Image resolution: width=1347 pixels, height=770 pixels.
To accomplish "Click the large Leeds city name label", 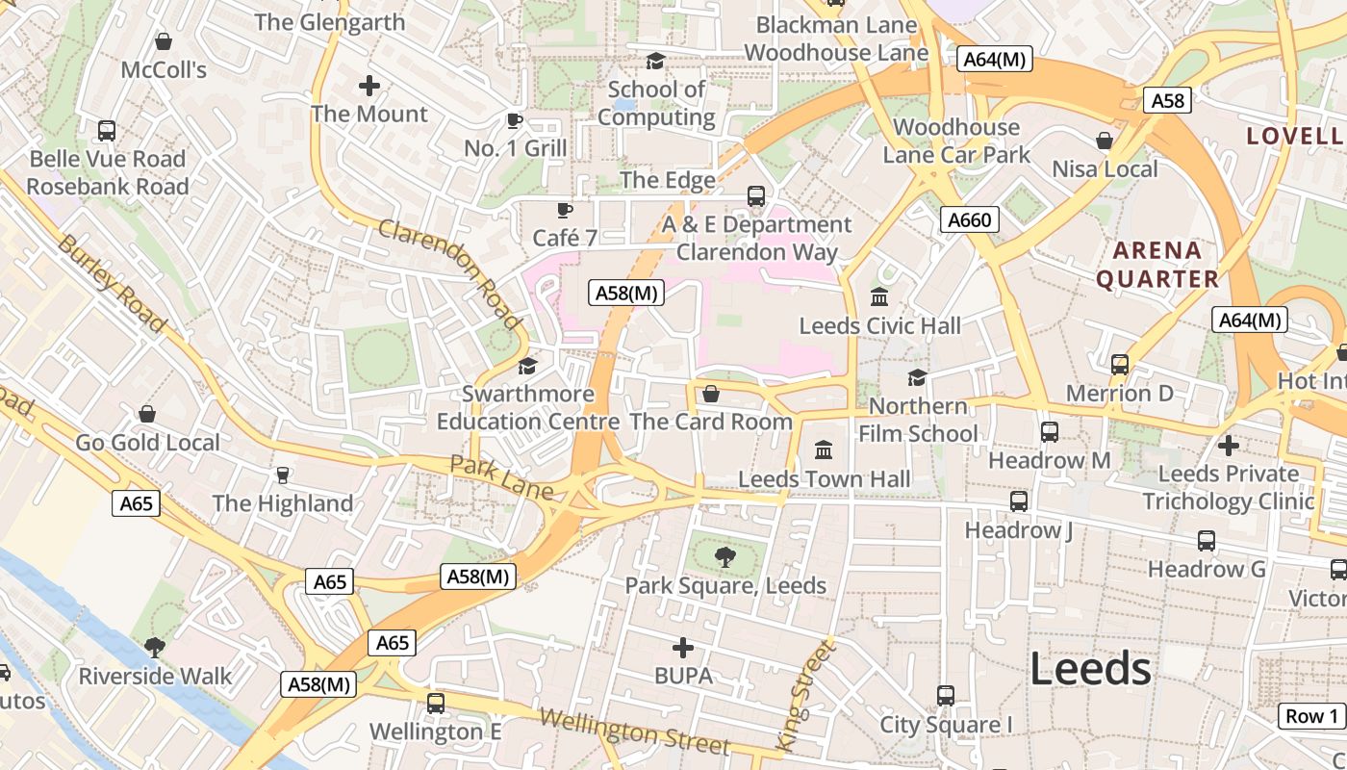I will point(1090,669).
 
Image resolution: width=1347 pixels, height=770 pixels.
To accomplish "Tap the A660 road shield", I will point(969,220).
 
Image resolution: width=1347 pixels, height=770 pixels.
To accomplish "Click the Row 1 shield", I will point(1312,716).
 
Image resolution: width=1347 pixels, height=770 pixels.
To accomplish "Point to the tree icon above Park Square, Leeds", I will point(724,556).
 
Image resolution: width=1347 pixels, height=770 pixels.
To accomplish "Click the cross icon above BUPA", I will point(683,648).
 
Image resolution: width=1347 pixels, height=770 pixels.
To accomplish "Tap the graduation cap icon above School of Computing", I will point(655,62).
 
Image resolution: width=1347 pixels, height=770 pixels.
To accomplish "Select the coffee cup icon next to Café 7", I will point(565,210).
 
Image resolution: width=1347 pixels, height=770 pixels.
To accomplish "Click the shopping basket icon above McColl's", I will point(164,42).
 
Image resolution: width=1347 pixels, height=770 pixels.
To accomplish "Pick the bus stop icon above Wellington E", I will point(436,704).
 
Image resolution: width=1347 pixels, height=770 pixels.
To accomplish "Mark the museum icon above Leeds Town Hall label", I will point(824,449).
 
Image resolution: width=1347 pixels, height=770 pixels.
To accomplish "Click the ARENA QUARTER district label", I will point(1157,265).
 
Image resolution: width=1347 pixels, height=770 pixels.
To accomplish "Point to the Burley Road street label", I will point(112,282).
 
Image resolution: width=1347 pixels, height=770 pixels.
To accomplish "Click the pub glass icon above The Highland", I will point(283,475).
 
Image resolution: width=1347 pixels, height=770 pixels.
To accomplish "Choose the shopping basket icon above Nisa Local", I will point(1105,141).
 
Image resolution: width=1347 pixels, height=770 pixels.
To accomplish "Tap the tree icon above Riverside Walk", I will point(154,647).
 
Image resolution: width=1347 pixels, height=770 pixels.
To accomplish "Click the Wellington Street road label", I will point(634,732).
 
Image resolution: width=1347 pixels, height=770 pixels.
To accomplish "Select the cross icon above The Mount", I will point(369,86).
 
